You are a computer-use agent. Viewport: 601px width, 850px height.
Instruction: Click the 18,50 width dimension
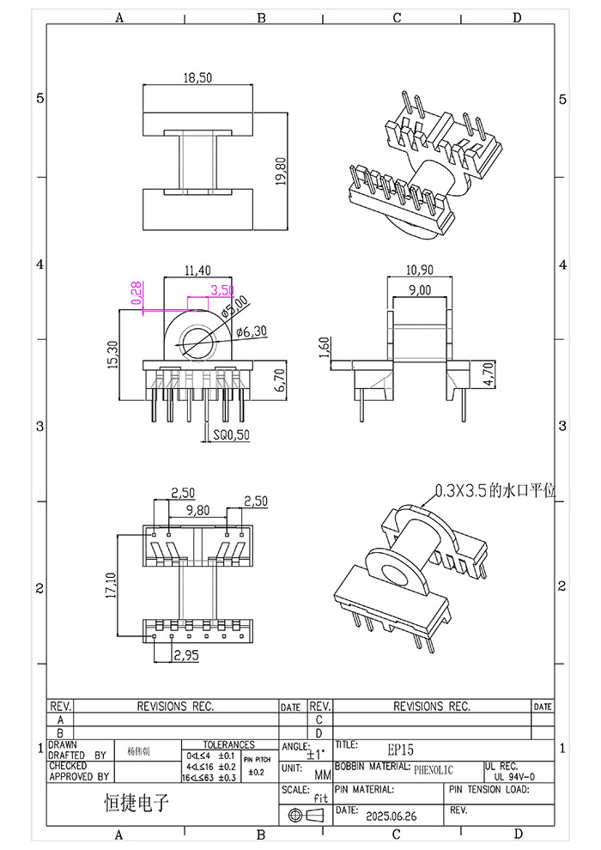tap(197, 77)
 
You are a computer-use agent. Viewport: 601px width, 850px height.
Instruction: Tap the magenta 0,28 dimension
tap(135, 294)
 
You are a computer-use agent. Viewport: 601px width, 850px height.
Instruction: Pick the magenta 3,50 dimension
tap(222, 290)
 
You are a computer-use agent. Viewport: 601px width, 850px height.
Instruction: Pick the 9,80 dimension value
tap(197, 510)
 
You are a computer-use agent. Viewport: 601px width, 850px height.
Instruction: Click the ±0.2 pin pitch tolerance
tap(256, 773)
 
